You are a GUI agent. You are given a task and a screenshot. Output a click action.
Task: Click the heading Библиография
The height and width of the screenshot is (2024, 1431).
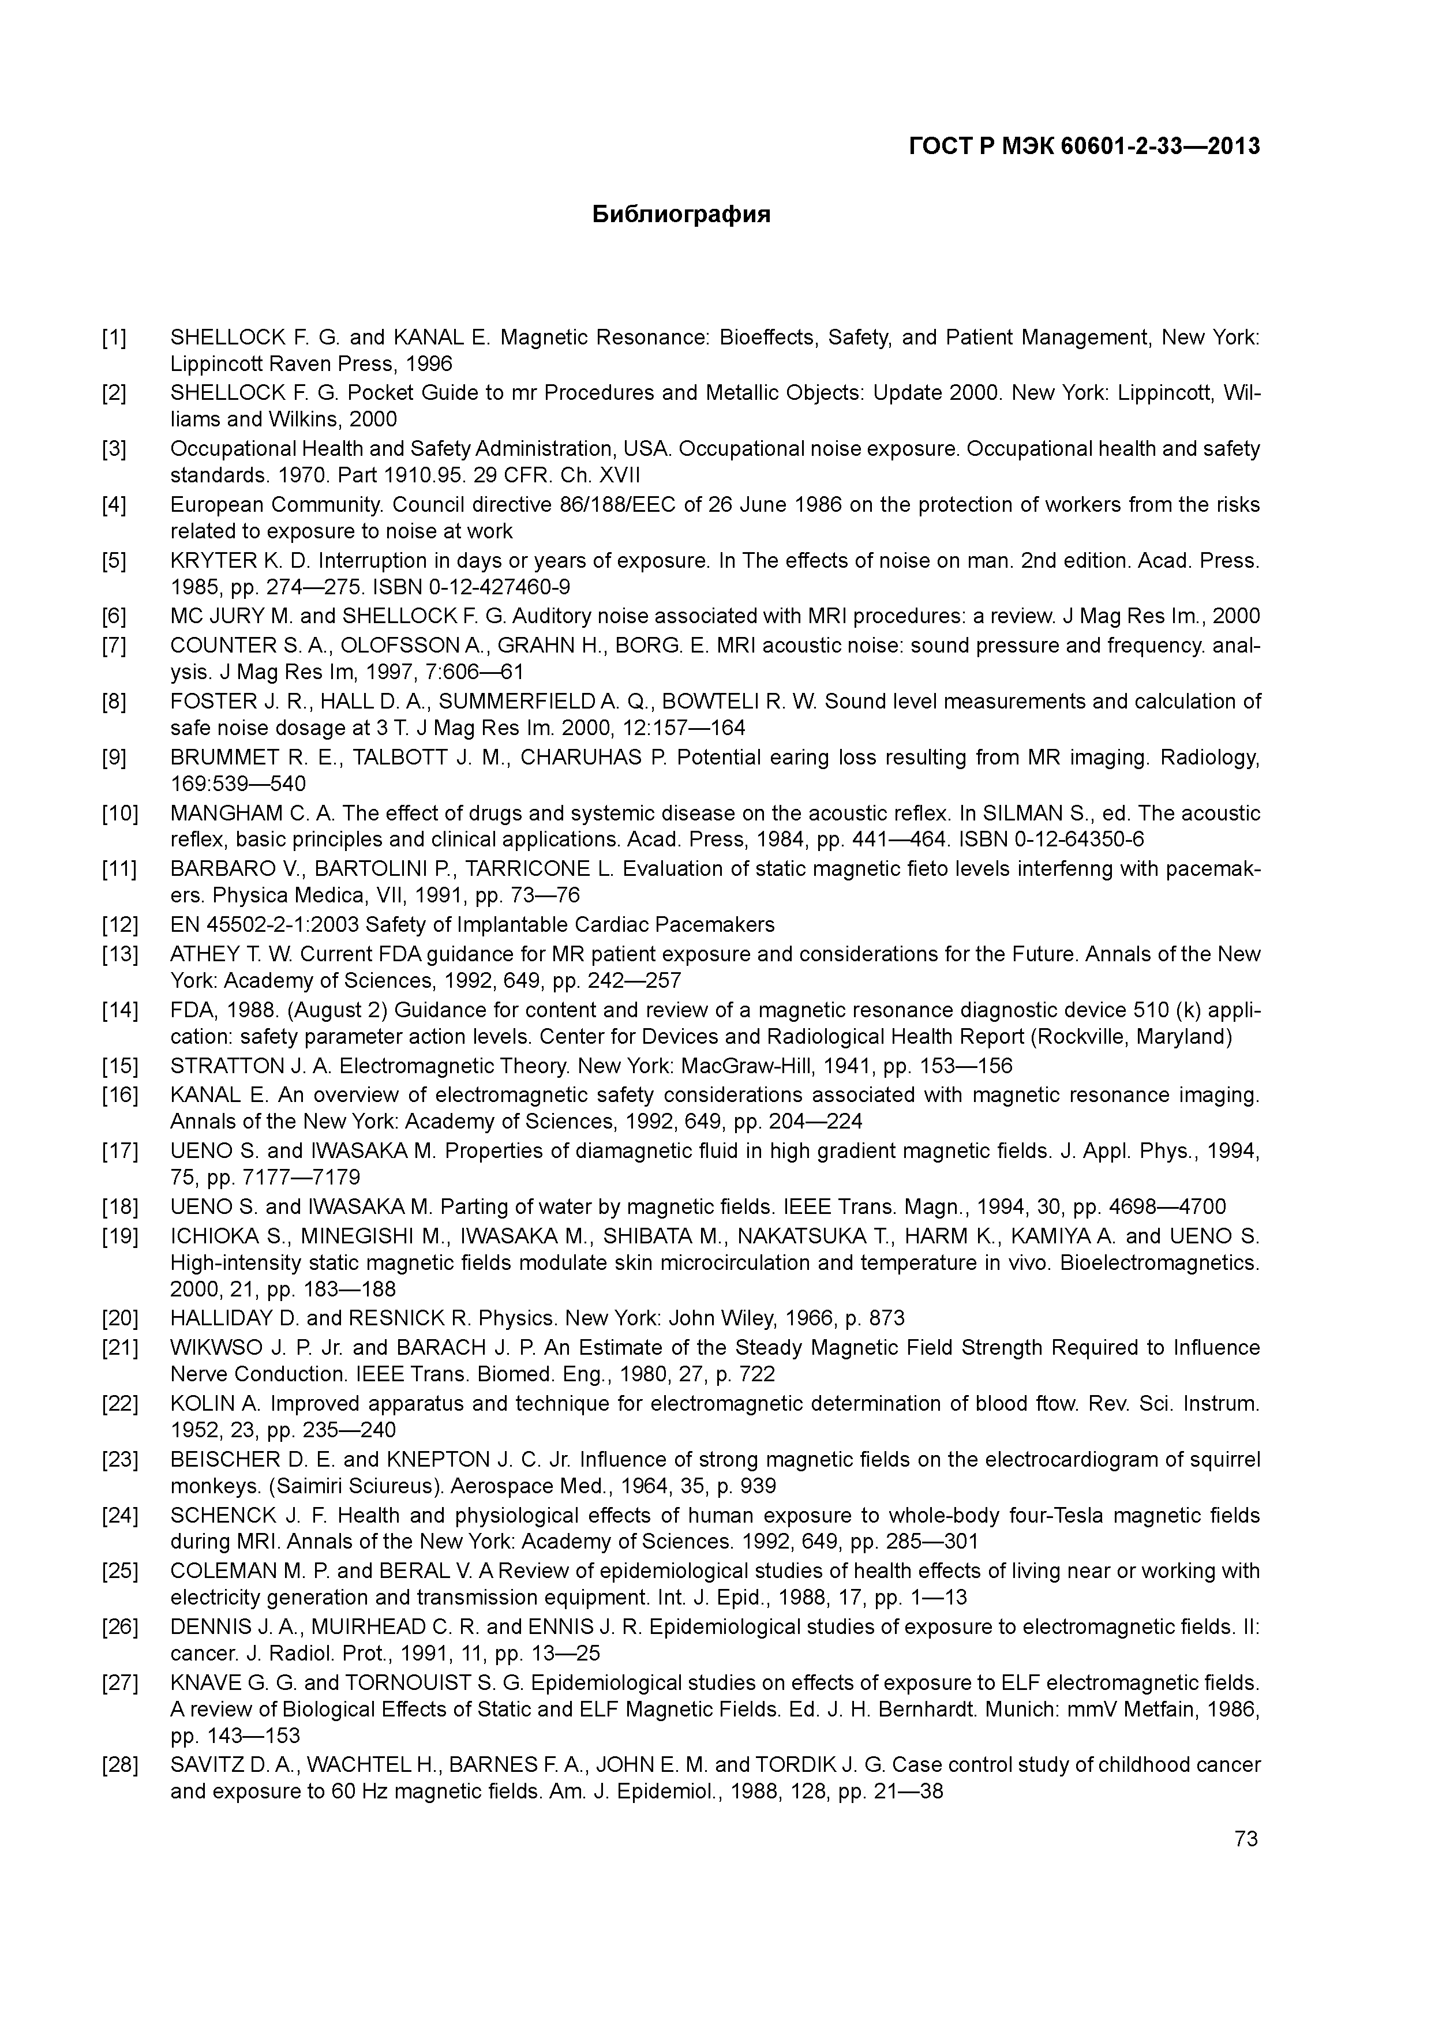click(681, 214)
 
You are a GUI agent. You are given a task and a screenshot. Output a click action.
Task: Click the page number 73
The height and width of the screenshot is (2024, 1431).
click(1246, 1839)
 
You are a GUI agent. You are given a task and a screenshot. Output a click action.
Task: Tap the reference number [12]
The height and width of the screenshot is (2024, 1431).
click(120, 925)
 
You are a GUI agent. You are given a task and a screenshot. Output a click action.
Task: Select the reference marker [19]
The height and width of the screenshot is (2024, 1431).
click(120, 1236)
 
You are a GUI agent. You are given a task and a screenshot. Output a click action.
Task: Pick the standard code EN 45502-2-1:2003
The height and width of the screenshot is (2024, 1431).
click(264, 925)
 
